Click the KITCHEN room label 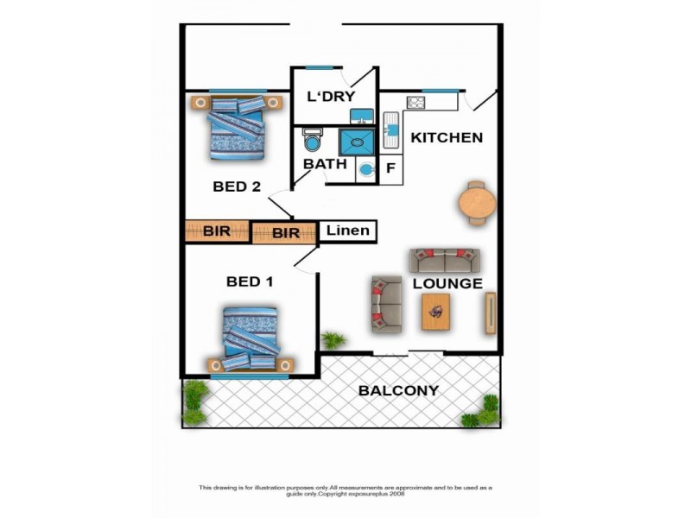446,137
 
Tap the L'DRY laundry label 333,96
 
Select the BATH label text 324,164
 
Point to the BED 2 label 237,186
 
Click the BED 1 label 250,281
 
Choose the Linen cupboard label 348,231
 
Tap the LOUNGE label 447,283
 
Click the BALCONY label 398,390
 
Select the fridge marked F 390,168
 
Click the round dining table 477,204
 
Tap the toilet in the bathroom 313,141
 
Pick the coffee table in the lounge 435,311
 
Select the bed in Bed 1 250,338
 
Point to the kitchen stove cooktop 415,102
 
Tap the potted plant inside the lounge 333,339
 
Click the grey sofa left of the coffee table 386,305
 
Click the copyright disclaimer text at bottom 345,490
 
